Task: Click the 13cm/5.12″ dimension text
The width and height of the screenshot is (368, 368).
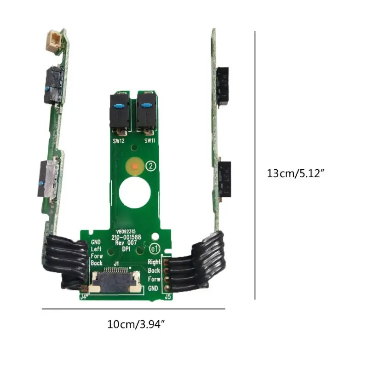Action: pos(296,174)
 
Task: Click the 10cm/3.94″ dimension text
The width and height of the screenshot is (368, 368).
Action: pos(136,324)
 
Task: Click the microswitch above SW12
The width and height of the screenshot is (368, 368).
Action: pos(120,112)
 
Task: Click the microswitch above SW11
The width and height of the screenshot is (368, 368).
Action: pos(146,112)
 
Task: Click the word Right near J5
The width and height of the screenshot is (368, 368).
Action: pos(154,262)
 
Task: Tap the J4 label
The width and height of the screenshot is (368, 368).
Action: pos(83,297)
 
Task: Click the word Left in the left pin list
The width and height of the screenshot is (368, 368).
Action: pos(97,249)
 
